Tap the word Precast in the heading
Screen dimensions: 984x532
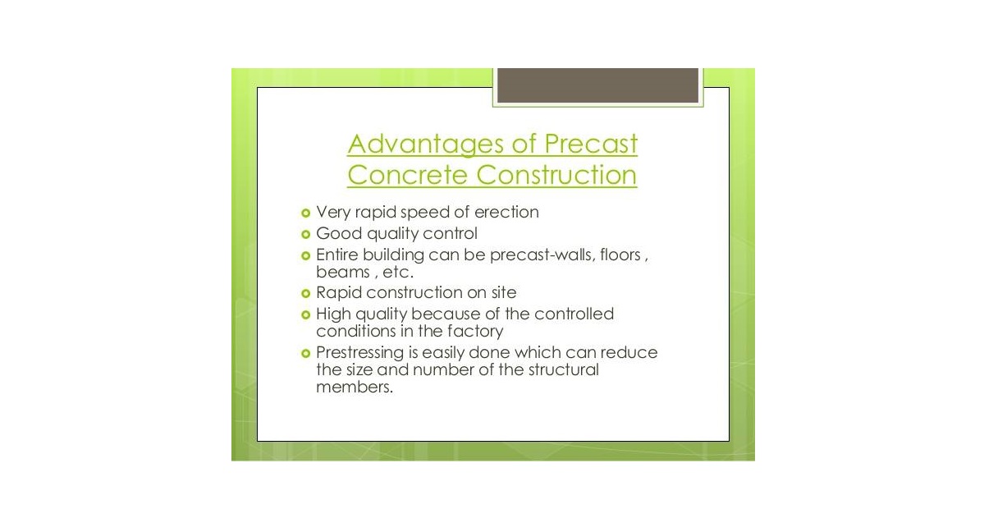pos(591,143)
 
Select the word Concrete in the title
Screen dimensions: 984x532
pos(407,175)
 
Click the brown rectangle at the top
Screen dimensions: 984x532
pos(598,85)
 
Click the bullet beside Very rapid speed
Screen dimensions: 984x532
pos(305,213)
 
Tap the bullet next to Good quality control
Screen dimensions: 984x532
pos(305,234)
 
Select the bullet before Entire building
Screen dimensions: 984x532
pos(305,255)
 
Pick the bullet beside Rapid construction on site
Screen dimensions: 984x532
pos(305,293)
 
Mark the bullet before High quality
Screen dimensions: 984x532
pos(305,314)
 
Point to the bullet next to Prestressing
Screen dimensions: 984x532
pos(305,353)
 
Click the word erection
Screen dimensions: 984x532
pos(506,213)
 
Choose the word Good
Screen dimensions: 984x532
pos(339,234)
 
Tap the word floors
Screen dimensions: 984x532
pos(620,255)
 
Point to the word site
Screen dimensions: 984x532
pos(504,293)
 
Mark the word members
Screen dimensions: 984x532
pos(355,387)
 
